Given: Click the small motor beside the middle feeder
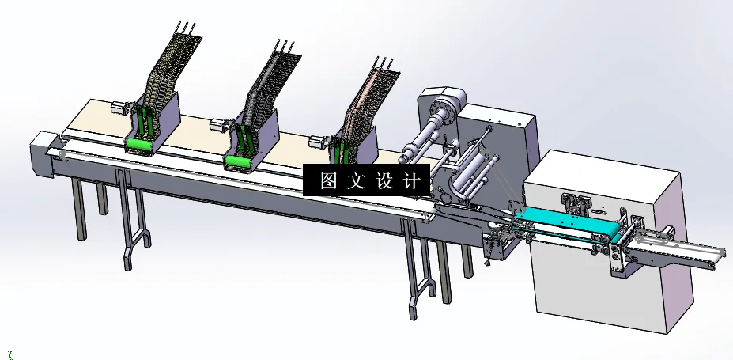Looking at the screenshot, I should pyautogui.click(x=219, y=124).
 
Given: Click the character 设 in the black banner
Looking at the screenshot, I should pyautogui.click(x=384, y=180).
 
